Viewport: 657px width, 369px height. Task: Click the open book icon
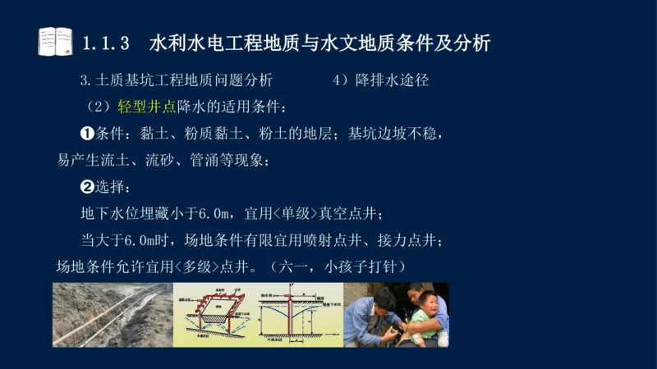pyautogui.click(x=55, y=41)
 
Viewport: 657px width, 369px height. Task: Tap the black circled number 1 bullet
pyautogui.click(x=87, y=133)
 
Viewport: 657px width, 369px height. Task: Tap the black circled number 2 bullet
pyautogui.click(x=87, y=187)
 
